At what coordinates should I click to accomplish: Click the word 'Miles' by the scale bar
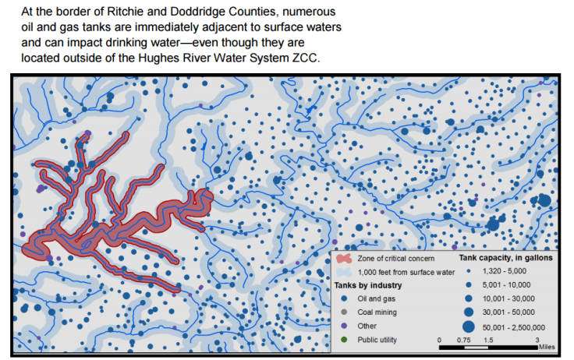click(548, 348)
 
